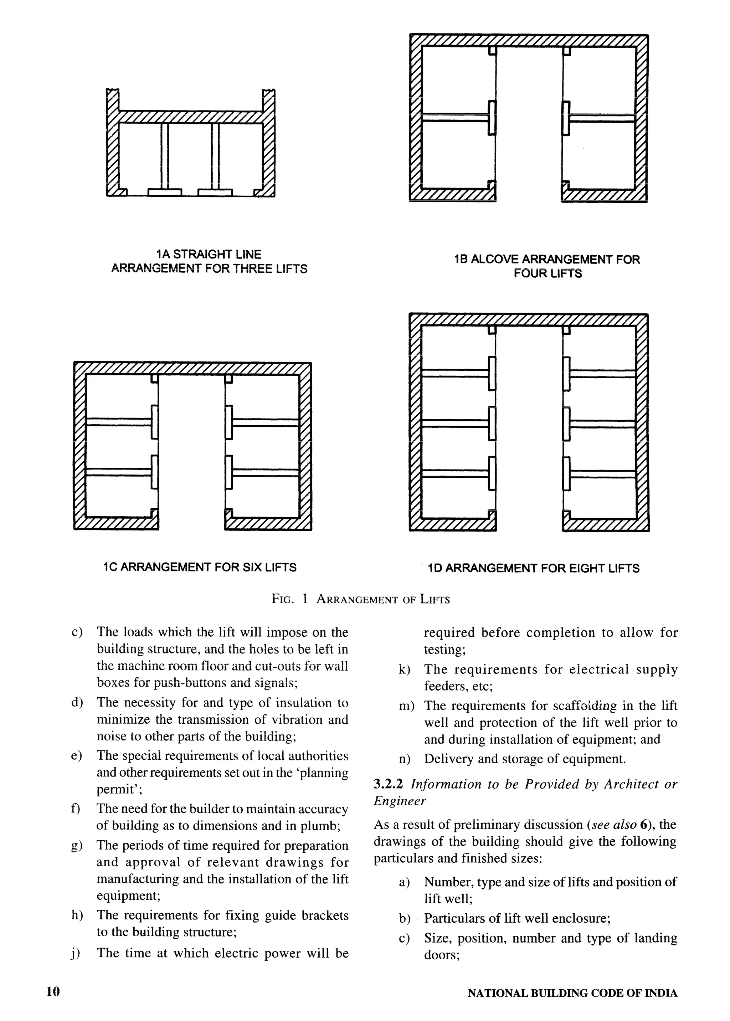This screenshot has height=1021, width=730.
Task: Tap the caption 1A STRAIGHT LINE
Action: pos(209,255)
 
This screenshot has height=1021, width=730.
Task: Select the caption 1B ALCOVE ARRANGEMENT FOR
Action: pos(547,260)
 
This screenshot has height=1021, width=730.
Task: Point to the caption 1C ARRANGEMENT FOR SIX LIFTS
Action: pos(200,568)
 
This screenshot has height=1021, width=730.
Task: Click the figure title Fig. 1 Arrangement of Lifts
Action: pos(360,599)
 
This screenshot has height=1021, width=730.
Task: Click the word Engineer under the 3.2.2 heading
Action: pos(400,801)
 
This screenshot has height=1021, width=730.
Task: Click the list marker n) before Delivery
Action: pos(405,759)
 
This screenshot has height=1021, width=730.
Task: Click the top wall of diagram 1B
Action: pos(529,40)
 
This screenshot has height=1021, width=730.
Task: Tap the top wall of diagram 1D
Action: pos(529,320)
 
